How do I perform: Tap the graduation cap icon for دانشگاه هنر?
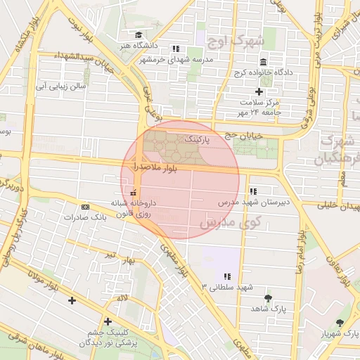click(139, 34)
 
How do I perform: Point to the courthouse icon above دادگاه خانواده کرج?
click(263, 61)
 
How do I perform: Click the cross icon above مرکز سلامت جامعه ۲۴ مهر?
click(259, 91)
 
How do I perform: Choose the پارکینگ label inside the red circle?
click(198, 141)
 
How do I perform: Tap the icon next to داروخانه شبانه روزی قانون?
click(134, 193)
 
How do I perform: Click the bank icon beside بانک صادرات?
click(86, 207)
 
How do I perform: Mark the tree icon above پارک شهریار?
click(340, 323)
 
